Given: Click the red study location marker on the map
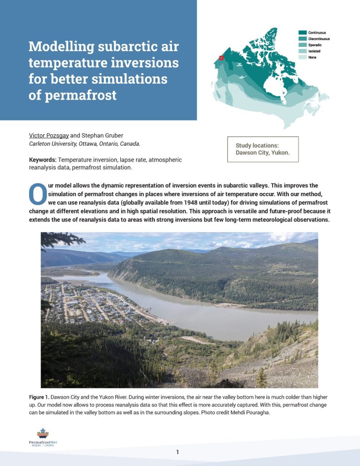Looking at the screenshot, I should coord(221,58).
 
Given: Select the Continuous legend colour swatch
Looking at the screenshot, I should coord(302,33).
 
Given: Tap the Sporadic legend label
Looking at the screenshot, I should coord(315,45).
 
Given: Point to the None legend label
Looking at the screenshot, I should coord(312,57).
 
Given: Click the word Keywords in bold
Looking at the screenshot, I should coord(43,160).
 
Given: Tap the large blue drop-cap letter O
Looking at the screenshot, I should coord(36,194).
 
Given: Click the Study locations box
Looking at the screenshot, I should coord(263,149).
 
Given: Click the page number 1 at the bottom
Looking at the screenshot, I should coord(177,452).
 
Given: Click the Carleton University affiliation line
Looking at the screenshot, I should coord(84,144).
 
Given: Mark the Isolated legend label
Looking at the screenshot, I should coord(314,51).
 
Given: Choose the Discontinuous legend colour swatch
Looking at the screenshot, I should coord(302,39).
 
